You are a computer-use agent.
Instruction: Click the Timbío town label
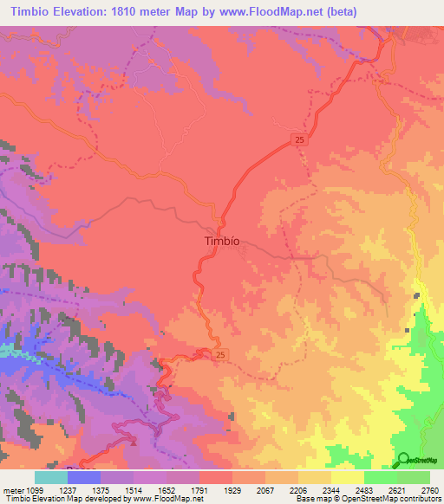tap(221, 242)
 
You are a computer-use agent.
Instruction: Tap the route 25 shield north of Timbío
tap(299, 139)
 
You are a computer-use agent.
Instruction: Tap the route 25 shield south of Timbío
tap(221, 355)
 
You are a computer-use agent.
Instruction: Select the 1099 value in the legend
tap(36, 488)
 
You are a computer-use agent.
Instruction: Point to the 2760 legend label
tap(429, 488)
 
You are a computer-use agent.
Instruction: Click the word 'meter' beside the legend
tap(12, 488)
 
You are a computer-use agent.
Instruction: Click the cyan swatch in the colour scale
tap(51, 477)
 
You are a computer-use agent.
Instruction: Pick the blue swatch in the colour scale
tap(84, 477)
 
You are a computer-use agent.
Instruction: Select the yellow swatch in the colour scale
tap(348, 477)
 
